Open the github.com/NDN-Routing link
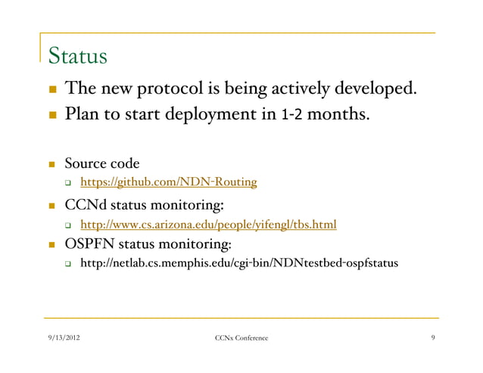click(x=169, y=182)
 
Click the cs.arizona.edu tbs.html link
click(x=208, y=224)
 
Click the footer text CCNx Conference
click(x=241, y=347)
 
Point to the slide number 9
click(x=432, y=347)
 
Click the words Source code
click(x=101, y=163)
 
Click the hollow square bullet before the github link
click(x=68, y=183)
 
